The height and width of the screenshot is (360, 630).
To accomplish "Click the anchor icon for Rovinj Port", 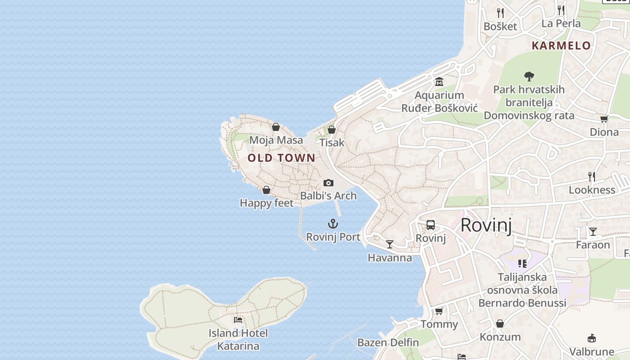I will click(x=333, y=224).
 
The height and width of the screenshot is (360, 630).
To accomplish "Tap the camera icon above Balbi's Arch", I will click(x=328, y=183).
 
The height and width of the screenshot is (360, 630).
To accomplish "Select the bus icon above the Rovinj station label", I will click(x=431, y=225).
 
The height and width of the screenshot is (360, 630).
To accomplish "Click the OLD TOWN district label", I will click(x=281, y=158).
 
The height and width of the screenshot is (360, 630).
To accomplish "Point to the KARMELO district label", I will click(x=561, y=45).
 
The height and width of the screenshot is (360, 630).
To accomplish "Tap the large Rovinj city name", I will click(x=486, y=225).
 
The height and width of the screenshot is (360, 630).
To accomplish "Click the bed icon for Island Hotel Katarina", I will click(x=238, y=320).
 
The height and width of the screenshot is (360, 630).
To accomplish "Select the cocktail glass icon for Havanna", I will click(x=390, y=244).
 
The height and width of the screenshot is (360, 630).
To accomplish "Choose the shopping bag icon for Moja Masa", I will click(x=276, y=127).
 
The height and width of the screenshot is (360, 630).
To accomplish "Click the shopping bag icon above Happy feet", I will click(x=266, y=190).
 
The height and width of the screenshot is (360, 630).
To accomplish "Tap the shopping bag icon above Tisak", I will click(x=332, y=130).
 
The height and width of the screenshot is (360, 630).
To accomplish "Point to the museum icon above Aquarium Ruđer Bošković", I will click(x=439, y=82).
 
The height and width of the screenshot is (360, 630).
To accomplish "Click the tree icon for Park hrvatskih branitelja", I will click(x=529, y=76).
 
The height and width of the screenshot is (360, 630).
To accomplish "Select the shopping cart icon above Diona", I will click(x=604, y=119).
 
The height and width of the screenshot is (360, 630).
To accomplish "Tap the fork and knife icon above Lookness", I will click(x=592, y=177).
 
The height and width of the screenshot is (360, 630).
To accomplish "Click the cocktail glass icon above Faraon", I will click(x=593, y=232).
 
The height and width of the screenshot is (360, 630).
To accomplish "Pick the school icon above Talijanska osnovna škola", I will click(x=522, y=264).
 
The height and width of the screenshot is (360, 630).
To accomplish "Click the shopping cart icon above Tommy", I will click(x=439, y=311).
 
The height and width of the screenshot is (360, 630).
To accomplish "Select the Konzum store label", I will click(x=500, y=337).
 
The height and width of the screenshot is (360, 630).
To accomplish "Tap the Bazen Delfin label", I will click(x=388, y=342).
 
